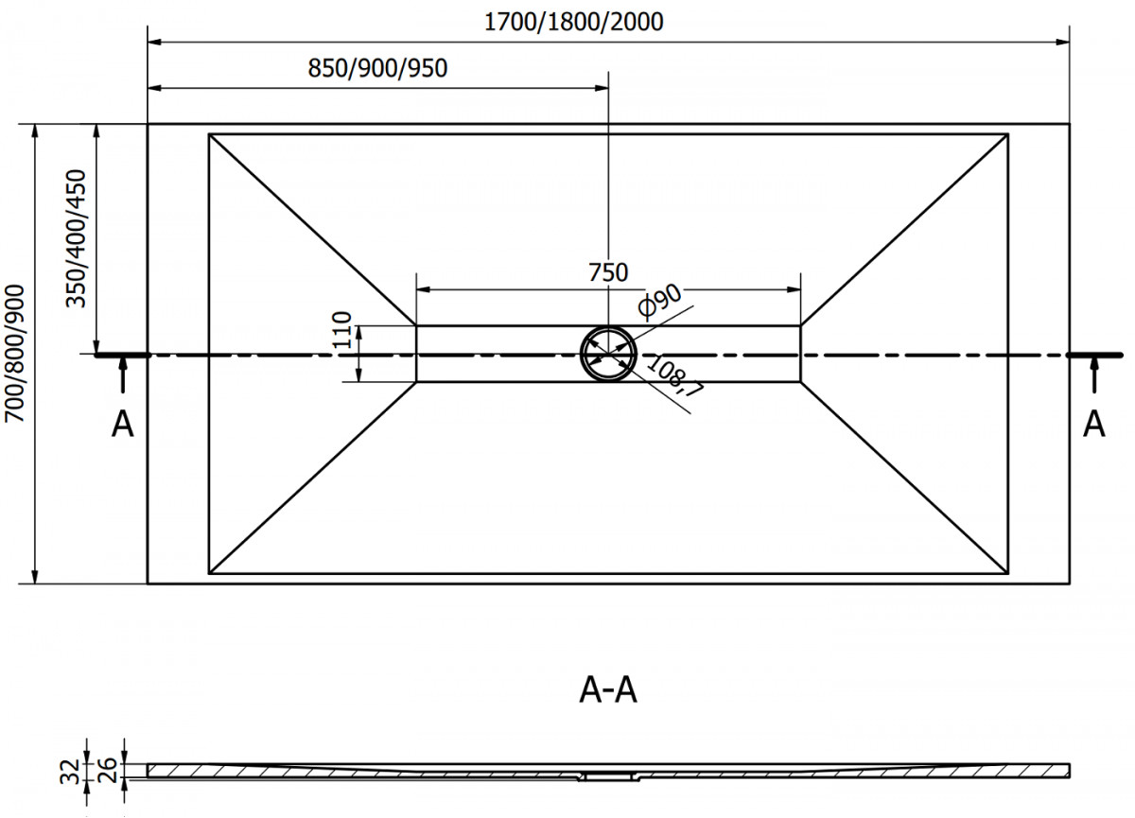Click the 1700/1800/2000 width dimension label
(x=573, y=22)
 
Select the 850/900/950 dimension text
(x=377, y=68)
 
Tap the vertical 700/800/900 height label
(x=16, y=354)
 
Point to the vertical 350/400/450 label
(x=78, y=238)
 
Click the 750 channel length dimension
(x=607, y=272)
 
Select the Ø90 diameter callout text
(x=660, y=300)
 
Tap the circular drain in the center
(x=608, y=354)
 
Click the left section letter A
(x=123, y=426)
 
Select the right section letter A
(x=1094, y=425)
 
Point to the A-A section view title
(x=608, y=691)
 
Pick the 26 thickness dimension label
(x=107, y=765)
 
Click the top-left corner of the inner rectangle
(x=209, y=134)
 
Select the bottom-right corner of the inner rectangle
(x=1007, y=573)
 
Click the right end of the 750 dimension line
(x=800, y=289)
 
